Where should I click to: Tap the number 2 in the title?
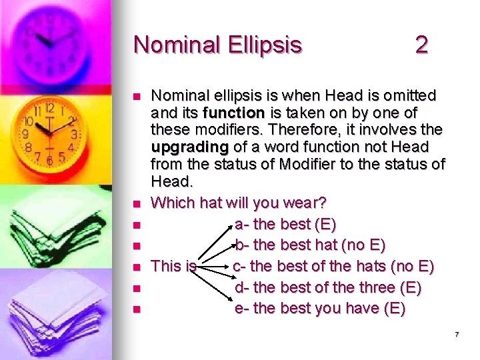pos(421,45)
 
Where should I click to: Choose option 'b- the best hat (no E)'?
pos(310,245)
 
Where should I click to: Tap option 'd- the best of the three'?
pos(327,288)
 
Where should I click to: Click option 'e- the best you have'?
pos(320,309)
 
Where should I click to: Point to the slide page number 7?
pos(457,334)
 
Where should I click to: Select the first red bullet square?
pos(137,97)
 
